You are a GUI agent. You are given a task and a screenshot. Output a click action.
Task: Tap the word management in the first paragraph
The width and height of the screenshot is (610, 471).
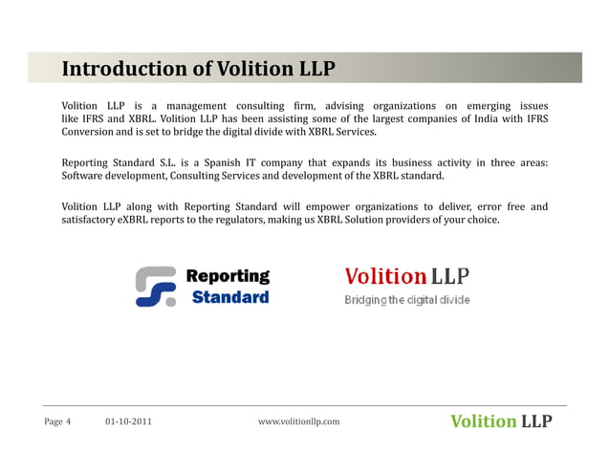pyautogui.click(x=196, y=105)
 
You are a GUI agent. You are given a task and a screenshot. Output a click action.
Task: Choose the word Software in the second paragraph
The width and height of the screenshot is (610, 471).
pyautogui.click(x=85, y=176)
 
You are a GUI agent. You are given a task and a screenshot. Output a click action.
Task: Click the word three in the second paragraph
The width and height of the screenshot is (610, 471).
pyautogui.click(x=488, y=162)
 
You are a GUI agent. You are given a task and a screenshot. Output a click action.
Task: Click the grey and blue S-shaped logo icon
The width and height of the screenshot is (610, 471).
pyautogui.click(x=156, y=286)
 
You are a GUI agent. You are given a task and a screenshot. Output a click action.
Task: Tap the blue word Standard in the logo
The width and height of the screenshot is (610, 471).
pyautogui.click(x=230, y=297)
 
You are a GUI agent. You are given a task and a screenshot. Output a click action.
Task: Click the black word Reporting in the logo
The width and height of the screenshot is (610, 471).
pyautogui.click(x=228, y=276)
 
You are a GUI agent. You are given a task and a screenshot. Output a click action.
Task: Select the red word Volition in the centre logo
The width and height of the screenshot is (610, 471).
pyautogui.click(x=384, y=277)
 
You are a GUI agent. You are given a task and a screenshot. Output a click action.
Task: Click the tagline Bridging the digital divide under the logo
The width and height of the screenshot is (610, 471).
pyautogui.click(x=407, y=300)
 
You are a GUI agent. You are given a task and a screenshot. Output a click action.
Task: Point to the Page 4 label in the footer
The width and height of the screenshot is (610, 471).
pyautogui.click(x=57, y=421)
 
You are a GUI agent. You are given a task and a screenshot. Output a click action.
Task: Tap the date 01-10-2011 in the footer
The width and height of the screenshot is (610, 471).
pyautogui.click(x=127, y=421)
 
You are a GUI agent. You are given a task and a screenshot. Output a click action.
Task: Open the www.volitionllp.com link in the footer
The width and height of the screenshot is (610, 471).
pyautogui.click(x=299, y=421)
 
